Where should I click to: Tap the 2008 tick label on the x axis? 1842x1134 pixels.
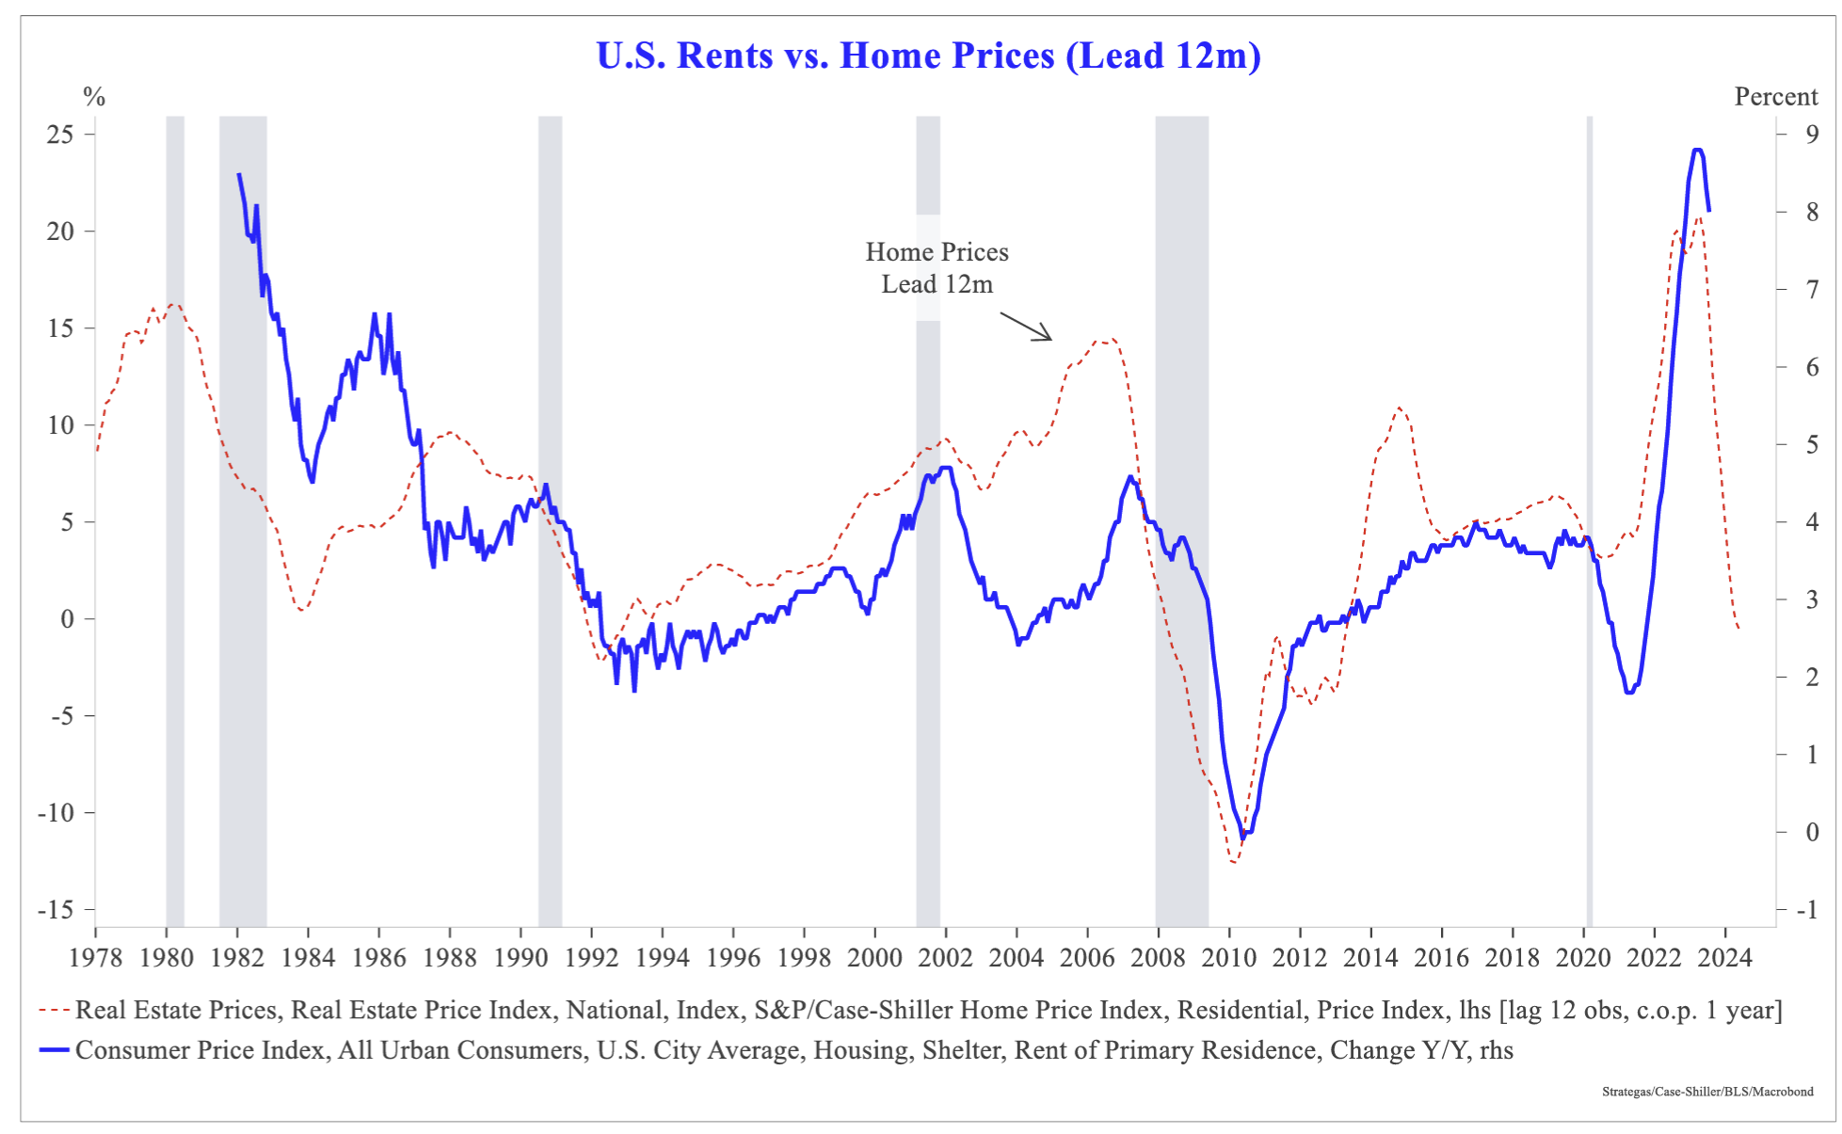pos(1158,958)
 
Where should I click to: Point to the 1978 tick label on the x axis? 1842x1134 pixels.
pos(95,958)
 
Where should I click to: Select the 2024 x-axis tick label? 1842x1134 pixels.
pos(1725,958)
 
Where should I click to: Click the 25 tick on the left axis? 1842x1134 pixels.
pos(60,135)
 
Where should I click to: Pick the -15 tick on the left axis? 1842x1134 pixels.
pos(56,910)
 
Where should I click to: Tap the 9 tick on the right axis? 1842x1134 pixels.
pos(1812,135)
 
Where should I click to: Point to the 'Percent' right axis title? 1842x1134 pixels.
pos(1775,97)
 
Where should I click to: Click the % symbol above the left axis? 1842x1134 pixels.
pos(94,97)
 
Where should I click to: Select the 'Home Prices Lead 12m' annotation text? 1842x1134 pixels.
pos(937,268)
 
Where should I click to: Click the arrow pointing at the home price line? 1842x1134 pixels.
pos(1026,327)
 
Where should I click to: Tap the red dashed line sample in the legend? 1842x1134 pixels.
pos(55,1011)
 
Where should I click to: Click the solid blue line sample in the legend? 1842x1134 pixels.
pos(55,1050)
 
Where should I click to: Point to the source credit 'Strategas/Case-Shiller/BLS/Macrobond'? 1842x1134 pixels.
pos(1707,1092)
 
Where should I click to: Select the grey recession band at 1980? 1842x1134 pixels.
pos(175,518)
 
